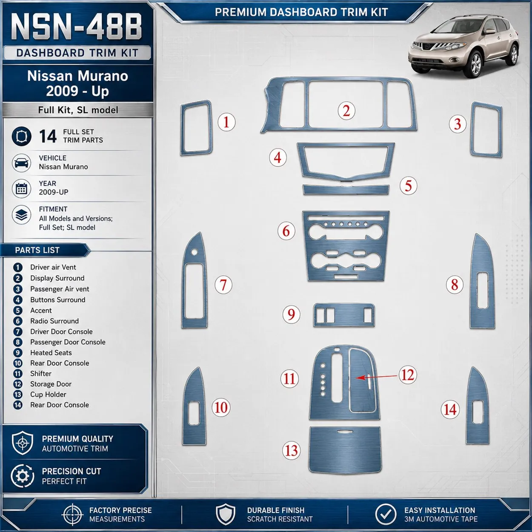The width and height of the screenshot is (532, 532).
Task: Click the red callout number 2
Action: pyautogui.click(x=346, y=111)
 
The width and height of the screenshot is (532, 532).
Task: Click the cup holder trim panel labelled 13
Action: pyautogui.click(x=345, y=450)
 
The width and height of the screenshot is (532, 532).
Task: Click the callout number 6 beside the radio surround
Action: pyautogui.click(x=286, y=231)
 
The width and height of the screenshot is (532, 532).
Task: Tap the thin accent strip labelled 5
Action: pyautogui.click(x=346, y=190)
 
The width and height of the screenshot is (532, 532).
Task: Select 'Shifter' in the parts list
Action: pyautogui.click(x=41, y=374)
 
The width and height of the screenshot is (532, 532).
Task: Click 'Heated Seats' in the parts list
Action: pyautogui.click(x=51, y=352)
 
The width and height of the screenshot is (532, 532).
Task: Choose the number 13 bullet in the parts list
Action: pyautogui.click(x=18, y=395)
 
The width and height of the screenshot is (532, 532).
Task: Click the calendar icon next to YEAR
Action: pyautogui.click(x=21, y=189)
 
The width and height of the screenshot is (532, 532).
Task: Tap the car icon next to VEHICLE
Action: pyautogui.click(x=21, y=163)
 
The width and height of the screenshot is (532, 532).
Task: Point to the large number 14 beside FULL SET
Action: pyautogui.click(x=48, y=136)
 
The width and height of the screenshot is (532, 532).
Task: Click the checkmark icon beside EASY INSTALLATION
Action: pyautogui.click(x=386, y=514)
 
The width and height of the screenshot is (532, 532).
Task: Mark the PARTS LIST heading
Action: pyautogui.click(x=37, y=250)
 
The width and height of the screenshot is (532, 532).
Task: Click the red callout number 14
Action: pyautogui.click(x=450, y=410)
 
